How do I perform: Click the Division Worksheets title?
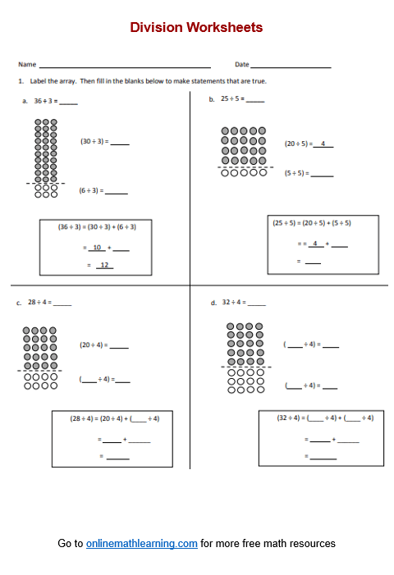point(196,27)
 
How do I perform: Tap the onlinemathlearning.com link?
point(141,543)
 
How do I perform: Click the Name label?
point(27,64)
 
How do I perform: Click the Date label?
point(241,64)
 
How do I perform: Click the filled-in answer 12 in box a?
point(103,264)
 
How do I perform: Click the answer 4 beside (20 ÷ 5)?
point(323,144)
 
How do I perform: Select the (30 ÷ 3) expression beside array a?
point(92,141)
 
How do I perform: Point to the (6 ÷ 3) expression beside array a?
point(89,190)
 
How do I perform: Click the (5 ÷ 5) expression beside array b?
point(295,173)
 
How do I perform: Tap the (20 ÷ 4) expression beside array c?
point(91,345)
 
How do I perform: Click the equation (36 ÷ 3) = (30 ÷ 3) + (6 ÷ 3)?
point(97,226)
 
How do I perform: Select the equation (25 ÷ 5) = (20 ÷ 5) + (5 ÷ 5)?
point(323,222)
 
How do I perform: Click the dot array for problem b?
point(244,151)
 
